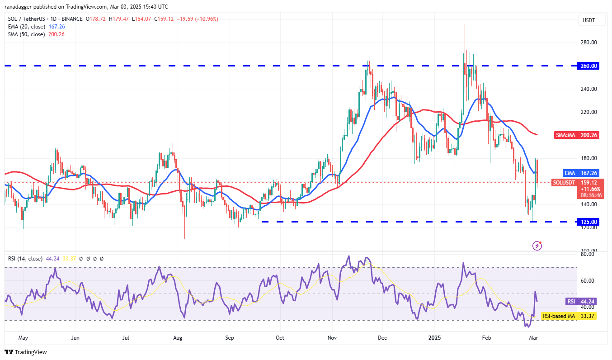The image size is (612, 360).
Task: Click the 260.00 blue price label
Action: (x=588, y=66)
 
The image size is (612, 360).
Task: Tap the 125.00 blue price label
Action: (x=588, y=222)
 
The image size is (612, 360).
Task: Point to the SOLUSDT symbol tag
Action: (x=564, y=182)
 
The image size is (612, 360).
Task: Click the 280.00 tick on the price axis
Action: (x=588, y=43)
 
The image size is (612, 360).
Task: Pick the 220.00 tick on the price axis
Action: (x=588, y=112)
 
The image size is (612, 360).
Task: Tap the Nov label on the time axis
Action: (x=332, y=337)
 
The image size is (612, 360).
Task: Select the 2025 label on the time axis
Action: (x=435, y=337)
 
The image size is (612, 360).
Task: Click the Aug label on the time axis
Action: (x=178, y=337)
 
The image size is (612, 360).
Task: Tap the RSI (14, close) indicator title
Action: (x=25, y=259)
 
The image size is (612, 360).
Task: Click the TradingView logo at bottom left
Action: (x=26, y=352)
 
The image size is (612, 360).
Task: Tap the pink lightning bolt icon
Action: (x=537, y=245)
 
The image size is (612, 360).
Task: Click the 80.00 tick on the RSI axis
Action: (x=588, y=254)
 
